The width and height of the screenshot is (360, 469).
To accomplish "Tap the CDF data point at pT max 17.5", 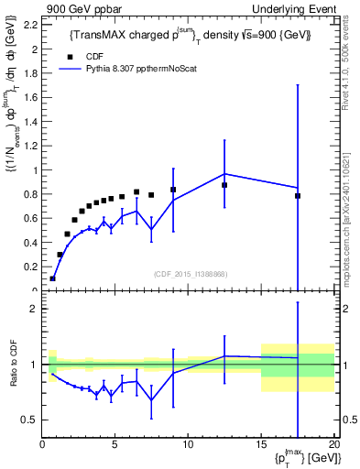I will point(298,196).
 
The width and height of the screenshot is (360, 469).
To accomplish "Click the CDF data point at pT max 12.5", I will point(224,185).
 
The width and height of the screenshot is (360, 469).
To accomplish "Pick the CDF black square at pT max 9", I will point(173,190).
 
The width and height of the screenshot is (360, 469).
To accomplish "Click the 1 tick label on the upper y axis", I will point(34,170).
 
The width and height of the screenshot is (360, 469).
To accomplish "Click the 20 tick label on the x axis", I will point(333,446).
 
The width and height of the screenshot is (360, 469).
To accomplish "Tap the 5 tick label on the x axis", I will point(115,446).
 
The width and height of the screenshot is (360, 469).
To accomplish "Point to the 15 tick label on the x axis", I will point(261,446).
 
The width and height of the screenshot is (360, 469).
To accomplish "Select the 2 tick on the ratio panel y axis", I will point(34,309).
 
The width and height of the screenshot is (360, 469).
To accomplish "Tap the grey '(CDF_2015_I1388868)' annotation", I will point(190,273).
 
